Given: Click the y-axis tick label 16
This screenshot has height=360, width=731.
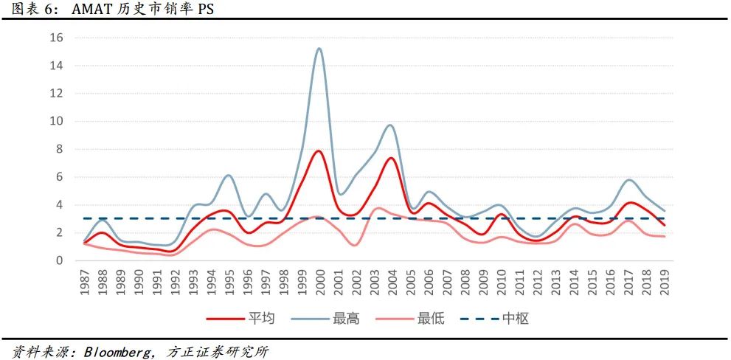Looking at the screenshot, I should point(57,38).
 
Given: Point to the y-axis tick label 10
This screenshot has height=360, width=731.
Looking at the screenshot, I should point(57,121).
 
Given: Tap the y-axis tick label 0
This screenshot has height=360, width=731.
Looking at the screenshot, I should point(60,260).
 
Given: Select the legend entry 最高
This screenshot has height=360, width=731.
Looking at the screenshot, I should point(346,319).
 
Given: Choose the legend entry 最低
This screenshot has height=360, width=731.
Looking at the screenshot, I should point(431,319).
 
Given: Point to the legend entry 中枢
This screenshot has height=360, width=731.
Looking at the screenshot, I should point(516,319).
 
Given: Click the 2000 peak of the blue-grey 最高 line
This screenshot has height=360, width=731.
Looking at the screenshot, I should point(319,49).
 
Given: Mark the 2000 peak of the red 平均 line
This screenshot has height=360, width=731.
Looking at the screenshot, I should point(319,150).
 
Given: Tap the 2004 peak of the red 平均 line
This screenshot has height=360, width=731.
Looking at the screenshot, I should point(391,158).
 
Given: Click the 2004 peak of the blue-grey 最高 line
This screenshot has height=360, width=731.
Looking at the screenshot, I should point(391,125).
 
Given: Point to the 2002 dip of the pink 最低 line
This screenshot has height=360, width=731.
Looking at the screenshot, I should point(355,245).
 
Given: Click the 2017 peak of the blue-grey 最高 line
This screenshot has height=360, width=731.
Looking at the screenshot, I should point(628,180).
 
